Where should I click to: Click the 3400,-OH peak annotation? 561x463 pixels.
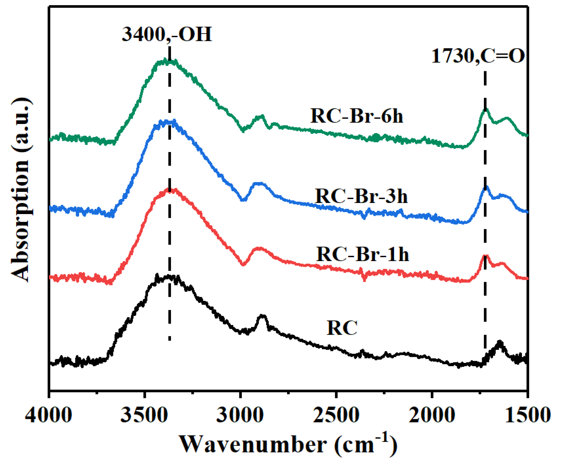(x=167, y=34)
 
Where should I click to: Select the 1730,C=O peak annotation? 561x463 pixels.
(x=478, y=56)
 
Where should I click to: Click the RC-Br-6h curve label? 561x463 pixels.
(x=356, y=116)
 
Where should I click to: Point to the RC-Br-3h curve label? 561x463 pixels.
(x=361, y=196)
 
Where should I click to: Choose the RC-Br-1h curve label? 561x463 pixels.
(x=363, y=254)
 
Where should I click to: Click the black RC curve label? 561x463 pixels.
(x=342, y=328)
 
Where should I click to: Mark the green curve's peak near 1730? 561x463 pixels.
(x=486, y=109)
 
